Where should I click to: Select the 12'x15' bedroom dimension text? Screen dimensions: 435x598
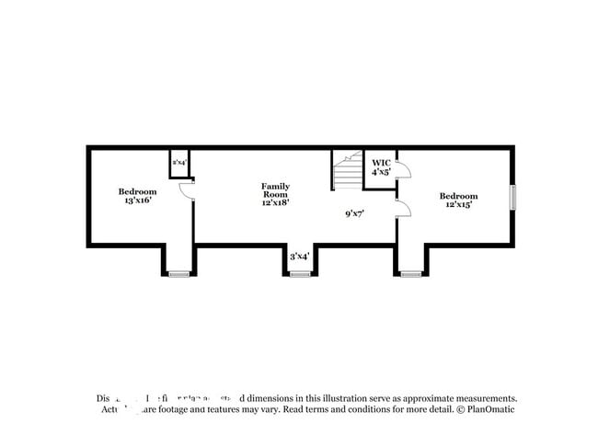pos(458,205)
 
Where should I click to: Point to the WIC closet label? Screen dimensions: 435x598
pos(381,162)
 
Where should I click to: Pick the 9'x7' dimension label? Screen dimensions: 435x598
pos(356,213)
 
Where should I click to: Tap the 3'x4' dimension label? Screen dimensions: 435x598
pos(300,257)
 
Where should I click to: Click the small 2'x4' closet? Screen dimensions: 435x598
pos(178,163)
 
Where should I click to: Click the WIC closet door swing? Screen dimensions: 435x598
pos(403,171)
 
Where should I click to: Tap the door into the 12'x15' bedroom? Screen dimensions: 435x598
pos(403,208)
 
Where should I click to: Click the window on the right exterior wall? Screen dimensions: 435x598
pos(512,198)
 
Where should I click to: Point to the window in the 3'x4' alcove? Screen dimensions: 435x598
pos(300,273)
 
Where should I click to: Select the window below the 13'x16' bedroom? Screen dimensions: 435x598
pos(178,273)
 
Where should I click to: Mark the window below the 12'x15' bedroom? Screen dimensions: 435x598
pos(410,273)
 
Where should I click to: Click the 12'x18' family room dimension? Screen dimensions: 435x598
pos(275,203)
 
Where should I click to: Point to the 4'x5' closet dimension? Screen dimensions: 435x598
pos(381,172)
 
